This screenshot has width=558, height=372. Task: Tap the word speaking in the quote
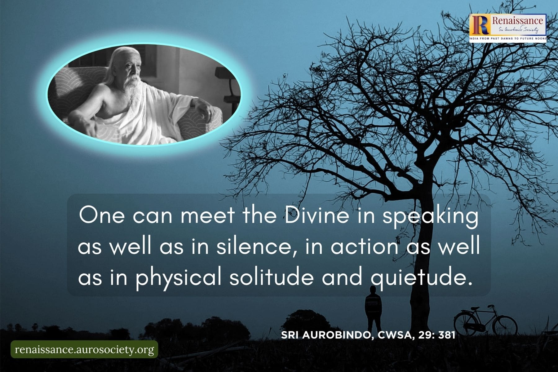[431, 216]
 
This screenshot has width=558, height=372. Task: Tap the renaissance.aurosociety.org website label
[84, 350]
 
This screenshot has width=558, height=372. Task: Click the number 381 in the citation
[447, 335]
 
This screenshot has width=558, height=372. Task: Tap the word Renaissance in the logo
[517, 21]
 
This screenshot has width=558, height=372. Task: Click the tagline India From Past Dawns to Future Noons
[508, 38]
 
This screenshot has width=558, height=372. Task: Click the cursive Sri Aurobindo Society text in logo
[517, 30]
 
